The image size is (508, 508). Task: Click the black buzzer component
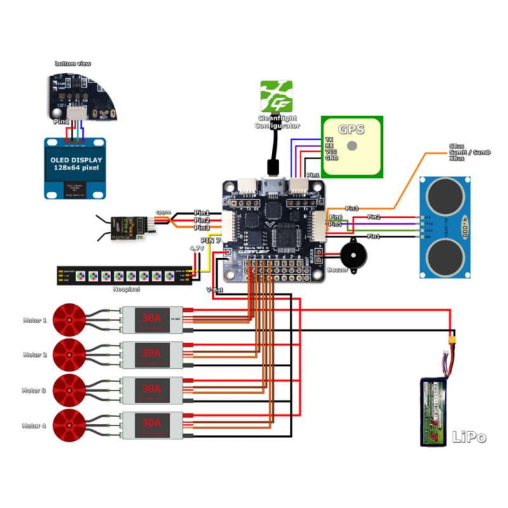pos(349,255)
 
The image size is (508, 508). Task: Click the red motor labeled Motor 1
pos(68,320)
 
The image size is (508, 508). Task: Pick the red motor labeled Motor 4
pos(68,425)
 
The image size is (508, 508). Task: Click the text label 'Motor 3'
pos(34,391)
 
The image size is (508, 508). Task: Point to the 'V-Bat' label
pos(215,289)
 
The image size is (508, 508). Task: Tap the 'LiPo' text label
pos(469,437)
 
